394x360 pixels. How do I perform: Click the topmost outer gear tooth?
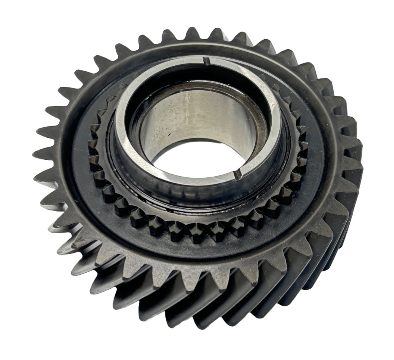click(x=192, y=33)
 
